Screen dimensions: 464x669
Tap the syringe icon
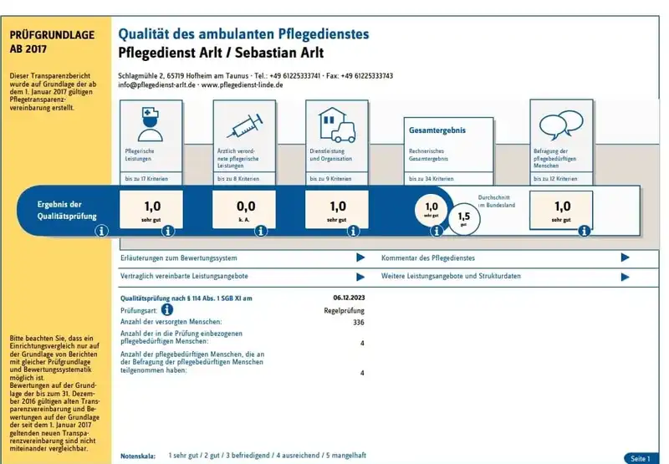point(243,125)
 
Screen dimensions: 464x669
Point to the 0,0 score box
point(244,209)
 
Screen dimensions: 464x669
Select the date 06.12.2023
point(349,298)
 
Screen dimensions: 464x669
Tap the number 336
point(359,322)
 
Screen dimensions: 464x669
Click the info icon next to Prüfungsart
point(167,309)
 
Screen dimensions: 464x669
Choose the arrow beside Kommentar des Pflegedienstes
point(625,258)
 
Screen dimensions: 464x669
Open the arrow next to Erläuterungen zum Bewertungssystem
point(360,258)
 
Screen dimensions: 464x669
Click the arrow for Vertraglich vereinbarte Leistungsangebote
point(360,277)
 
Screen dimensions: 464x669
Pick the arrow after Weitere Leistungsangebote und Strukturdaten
point(625,277)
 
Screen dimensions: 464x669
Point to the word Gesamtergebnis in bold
point(437,130)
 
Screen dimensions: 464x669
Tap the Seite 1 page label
point(639,458)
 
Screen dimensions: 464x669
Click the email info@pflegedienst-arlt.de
point(156,85)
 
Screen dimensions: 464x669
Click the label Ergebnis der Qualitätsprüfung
point(59,209)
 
